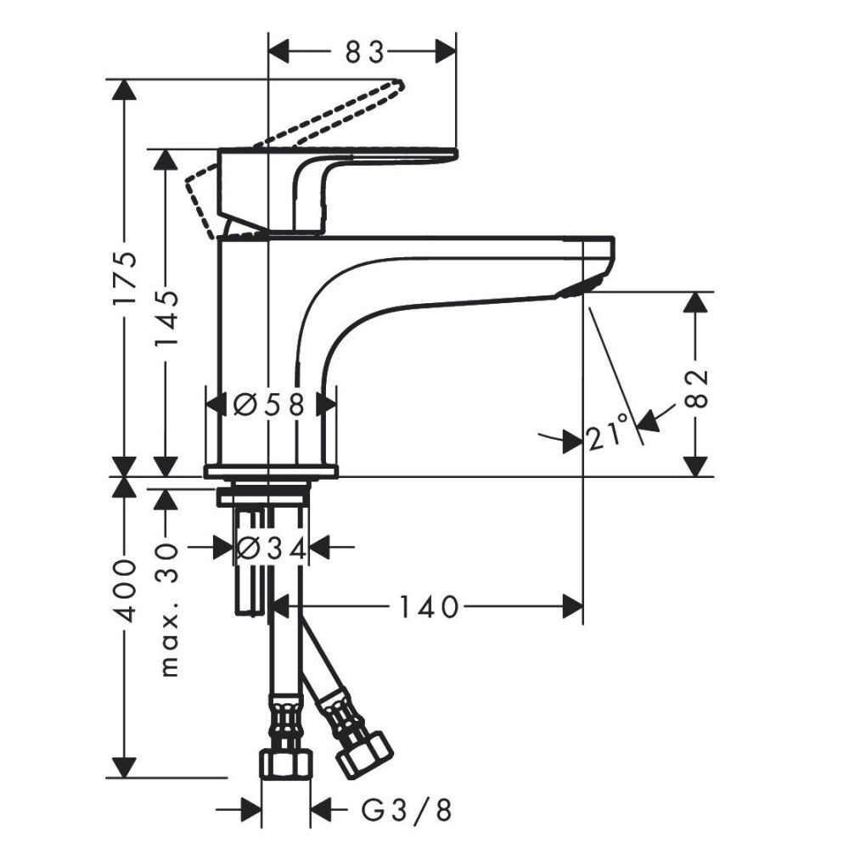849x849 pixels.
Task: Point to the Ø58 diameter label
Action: [268, 405]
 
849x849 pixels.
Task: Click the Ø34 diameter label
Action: [270, 549]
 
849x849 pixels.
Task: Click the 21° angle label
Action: [609, 434]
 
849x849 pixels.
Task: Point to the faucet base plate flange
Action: [270, 471]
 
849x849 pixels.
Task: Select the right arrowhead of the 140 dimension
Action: [573, 606]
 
